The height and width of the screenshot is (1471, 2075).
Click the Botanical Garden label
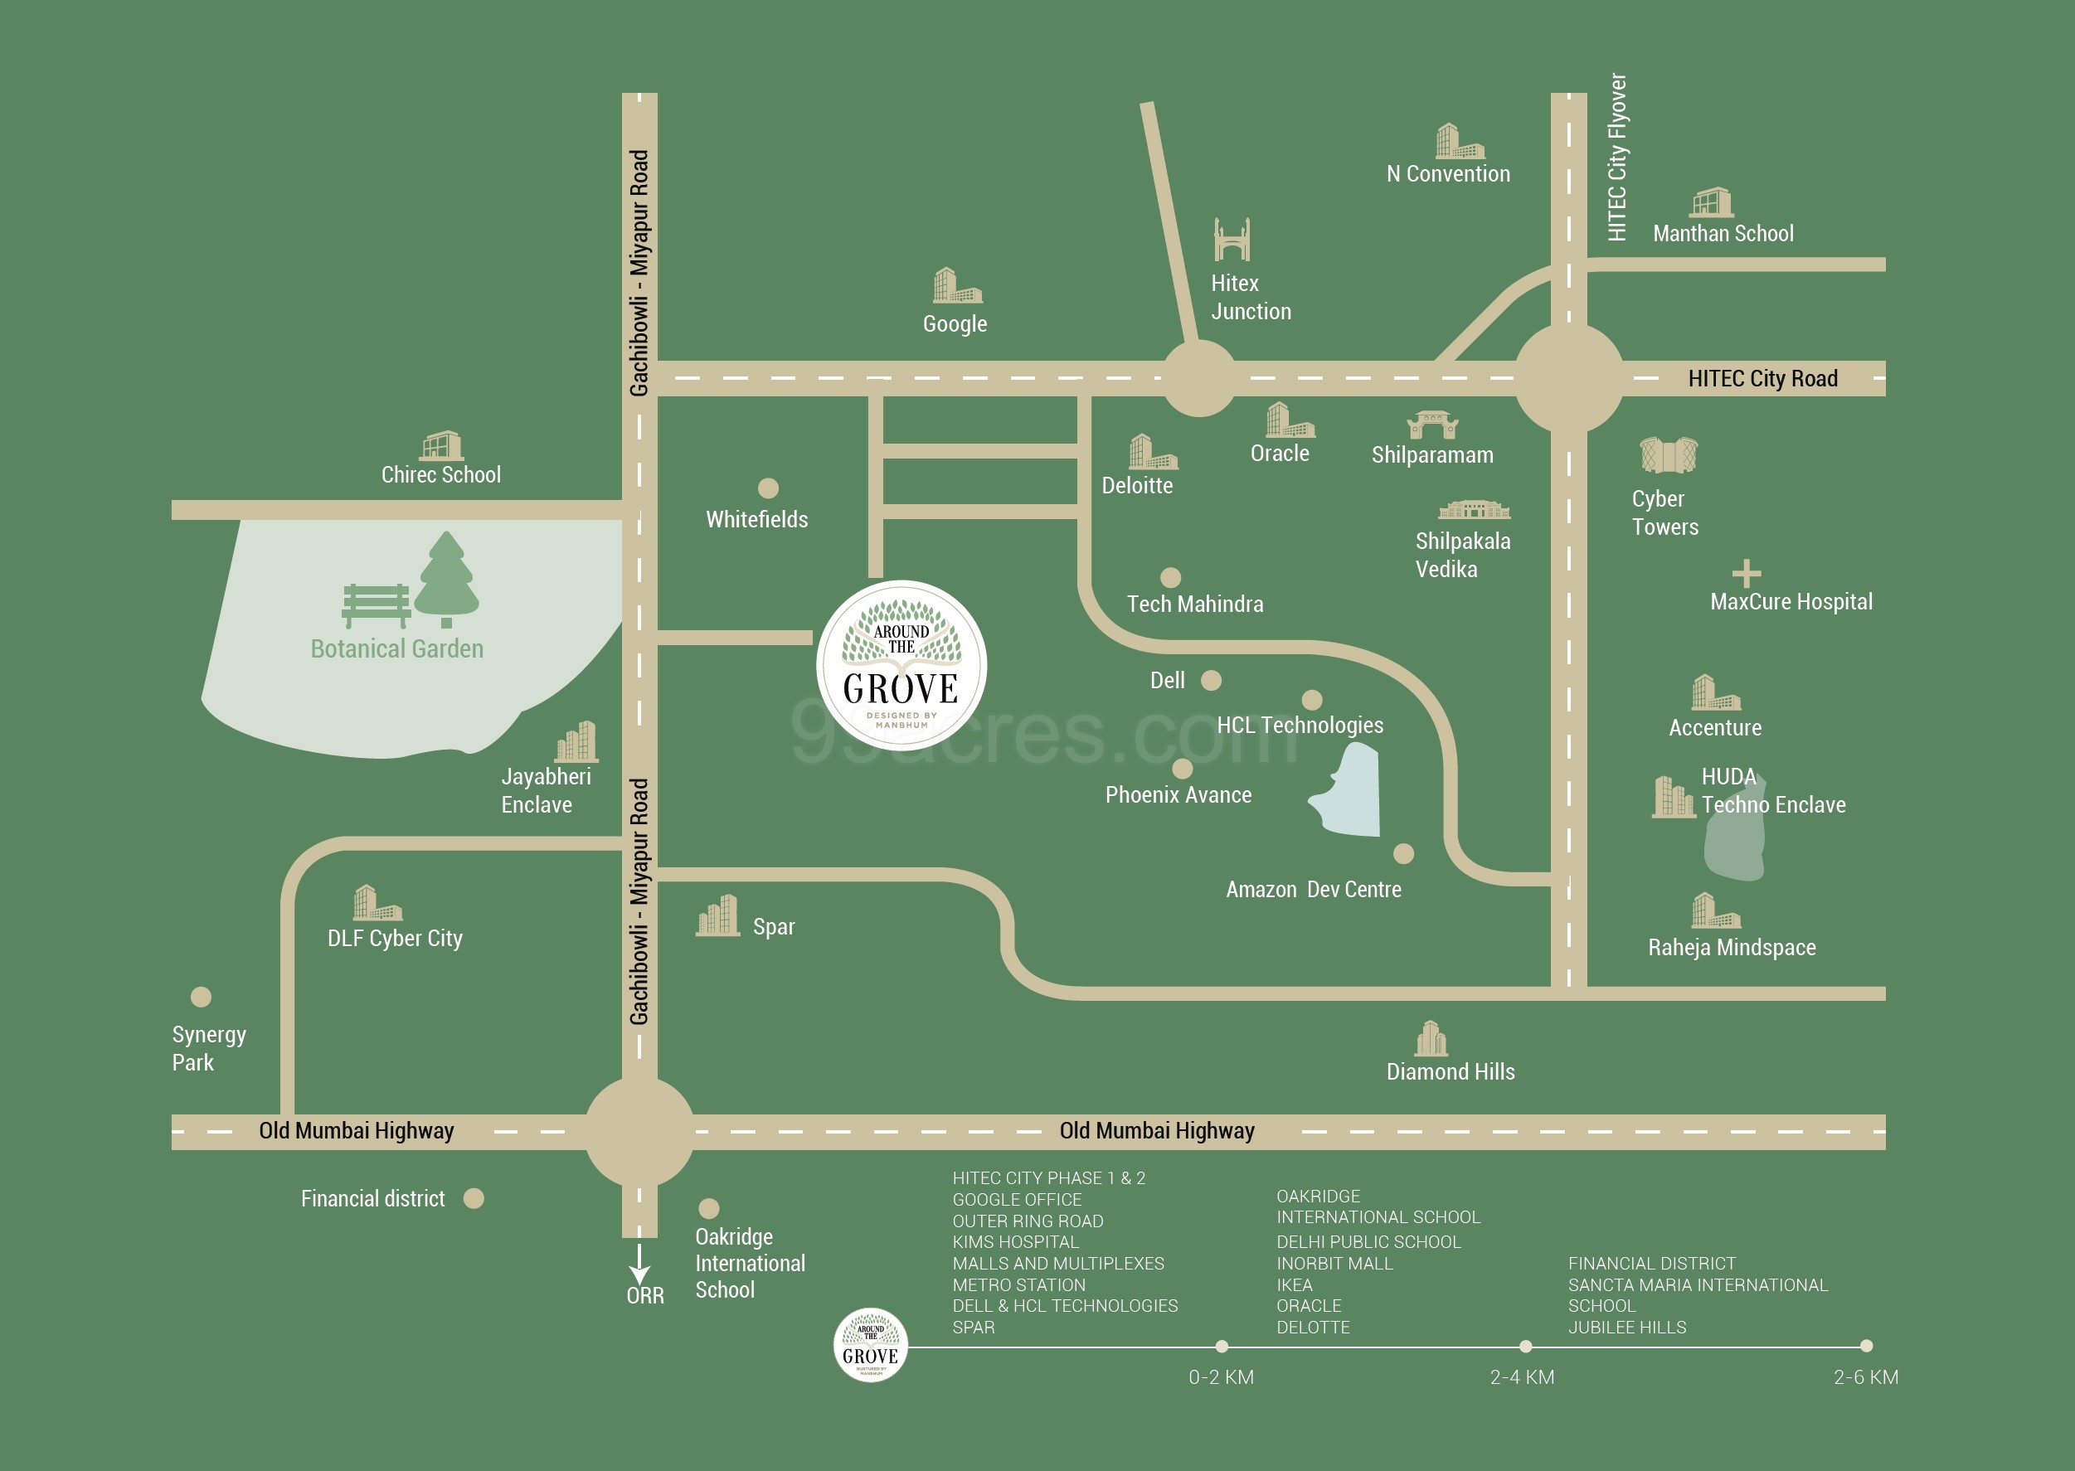396,648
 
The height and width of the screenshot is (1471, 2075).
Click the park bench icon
376,605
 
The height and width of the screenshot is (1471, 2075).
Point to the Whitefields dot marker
768,488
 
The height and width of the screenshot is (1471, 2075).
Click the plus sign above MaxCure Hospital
1747,573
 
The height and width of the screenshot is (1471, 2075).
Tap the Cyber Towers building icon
1669,454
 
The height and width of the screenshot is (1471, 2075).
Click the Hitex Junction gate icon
1232,240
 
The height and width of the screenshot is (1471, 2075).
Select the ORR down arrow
639,1263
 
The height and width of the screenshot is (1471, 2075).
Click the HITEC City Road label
1762,379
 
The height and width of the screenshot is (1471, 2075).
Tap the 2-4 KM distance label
1522,1376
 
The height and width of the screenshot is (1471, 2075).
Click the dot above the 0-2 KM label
1222,1346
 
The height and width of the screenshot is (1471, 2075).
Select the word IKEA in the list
1295,1284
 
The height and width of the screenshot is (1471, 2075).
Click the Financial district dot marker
474,1198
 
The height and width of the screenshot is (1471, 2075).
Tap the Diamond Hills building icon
1431,1039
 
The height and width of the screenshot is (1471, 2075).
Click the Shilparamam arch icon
1432,424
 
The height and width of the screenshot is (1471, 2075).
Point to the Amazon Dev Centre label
1314,890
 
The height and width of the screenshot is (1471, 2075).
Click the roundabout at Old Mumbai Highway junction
639,1131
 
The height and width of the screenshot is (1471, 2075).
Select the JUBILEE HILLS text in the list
1626,1327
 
